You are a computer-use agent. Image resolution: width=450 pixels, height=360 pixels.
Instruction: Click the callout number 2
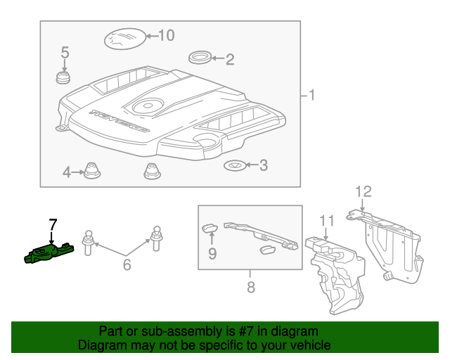coord(229,60)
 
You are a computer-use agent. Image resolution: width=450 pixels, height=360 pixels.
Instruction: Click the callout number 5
coord(65,52)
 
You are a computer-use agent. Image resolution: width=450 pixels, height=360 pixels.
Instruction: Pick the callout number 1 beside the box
coord(311,95)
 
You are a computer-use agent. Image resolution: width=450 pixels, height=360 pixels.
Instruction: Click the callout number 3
coord(263,166)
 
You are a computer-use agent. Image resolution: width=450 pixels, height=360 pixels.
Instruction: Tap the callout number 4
coord(67,172)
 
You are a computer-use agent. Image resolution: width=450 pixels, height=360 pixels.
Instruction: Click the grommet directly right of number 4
coord(91,170)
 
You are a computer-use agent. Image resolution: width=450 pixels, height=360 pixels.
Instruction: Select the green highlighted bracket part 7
coord(48,252)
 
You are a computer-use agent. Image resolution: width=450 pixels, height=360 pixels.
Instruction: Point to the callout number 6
coord(127,265)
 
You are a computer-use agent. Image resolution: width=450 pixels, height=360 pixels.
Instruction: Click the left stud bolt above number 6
coord(89,240)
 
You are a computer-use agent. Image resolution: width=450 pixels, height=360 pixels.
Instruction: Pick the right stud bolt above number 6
coord(155,238)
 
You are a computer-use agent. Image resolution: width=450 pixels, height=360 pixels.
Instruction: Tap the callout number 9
coord(212,252)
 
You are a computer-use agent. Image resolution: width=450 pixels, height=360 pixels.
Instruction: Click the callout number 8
coord(250,287)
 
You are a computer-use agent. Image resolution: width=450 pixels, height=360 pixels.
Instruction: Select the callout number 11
coord(325,221)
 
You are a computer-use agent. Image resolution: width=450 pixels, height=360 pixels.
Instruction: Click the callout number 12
coord(361,191)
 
